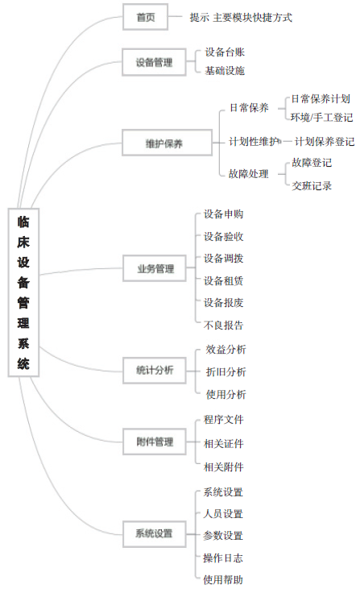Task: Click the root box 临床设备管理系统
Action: click(23, 292)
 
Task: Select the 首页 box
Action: click(145, 17)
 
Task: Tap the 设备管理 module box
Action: click(154, 62)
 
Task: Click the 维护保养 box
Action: click(167, 143)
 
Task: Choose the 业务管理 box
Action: click(155, 268)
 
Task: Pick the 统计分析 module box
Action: click(155, 371)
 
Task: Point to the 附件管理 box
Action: click(155, 442)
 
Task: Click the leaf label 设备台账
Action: click(225, 52)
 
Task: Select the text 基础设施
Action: click(225, 71)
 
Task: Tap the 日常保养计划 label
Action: click(321, 99)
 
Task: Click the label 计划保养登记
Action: click(325, 142)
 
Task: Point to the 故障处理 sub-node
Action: click(249, 173)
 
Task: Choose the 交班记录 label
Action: click(312, 185)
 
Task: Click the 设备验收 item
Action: click(223, 236)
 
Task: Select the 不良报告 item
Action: click(223, 325)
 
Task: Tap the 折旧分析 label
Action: click(226, 372)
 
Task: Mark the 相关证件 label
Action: click(223, 444)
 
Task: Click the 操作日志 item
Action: click(223, 558)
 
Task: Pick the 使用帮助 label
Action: click(223, 579)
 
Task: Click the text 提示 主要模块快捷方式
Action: click(241, 17)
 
